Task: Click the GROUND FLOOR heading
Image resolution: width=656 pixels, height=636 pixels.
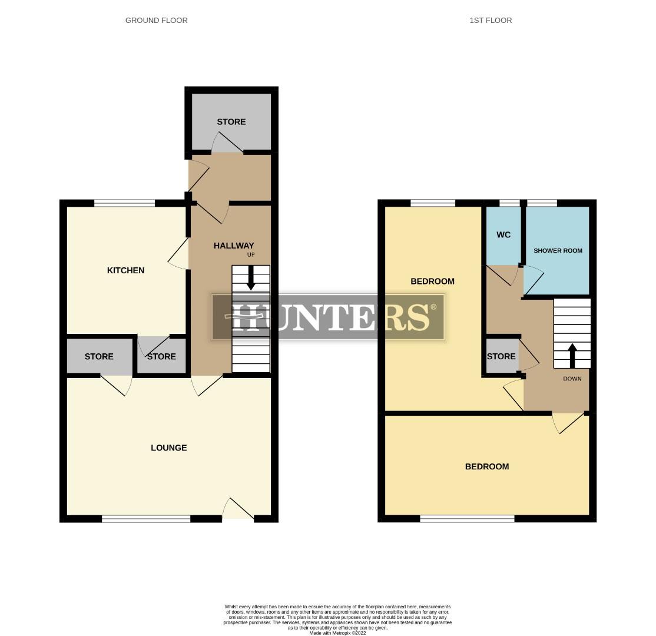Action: tap(156, 20)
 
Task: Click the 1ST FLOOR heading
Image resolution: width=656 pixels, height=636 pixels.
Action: tap(491, 20)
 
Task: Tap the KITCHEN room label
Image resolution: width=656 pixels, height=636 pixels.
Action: tap(125, 270)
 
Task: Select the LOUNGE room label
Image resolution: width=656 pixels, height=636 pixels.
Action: tap(169, 448)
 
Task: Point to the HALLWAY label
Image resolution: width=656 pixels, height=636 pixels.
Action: tap(233, 246)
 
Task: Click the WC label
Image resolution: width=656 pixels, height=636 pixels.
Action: tap(503, 235)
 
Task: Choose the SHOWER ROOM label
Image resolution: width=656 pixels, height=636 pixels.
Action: tap(558, 250)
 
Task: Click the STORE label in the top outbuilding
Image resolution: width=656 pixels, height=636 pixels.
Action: tap(231, 122)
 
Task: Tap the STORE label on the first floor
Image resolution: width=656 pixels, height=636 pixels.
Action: tap(501, 356)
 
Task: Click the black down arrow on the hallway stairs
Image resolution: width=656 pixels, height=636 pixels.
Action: tap(251, 279)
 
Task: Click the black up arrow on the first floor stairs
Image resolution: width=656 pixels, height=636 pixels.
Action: tap(572, 354)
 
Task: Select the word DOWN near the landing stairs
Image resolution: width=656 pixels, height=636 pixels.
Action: tap(572, 379)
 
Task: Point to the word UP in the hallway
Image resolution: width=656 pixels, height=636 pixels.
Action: tap(251, 255)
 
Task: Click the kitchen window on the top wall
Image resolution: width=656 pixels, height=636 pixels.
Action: tap(124, 203)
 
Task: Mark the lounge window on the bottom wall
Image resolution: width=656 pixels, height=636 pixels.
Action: tap(146, 519)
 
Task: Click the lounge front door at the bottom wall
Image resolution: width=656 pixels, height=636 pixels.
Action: tap(238, 511)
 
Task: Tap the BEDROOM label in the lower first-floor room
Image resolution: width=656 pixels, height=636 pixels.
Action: tap(487, 466)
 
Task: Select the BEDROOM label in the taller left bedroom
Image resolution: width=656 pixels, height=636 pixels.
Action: tap(432, 281)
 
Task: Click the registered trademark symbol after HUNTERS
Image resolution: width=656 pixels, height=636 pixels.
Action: tap(434, 307)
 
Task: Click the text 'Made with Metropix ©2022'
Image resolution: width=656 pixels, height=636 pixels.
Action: tap(337, 633)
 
